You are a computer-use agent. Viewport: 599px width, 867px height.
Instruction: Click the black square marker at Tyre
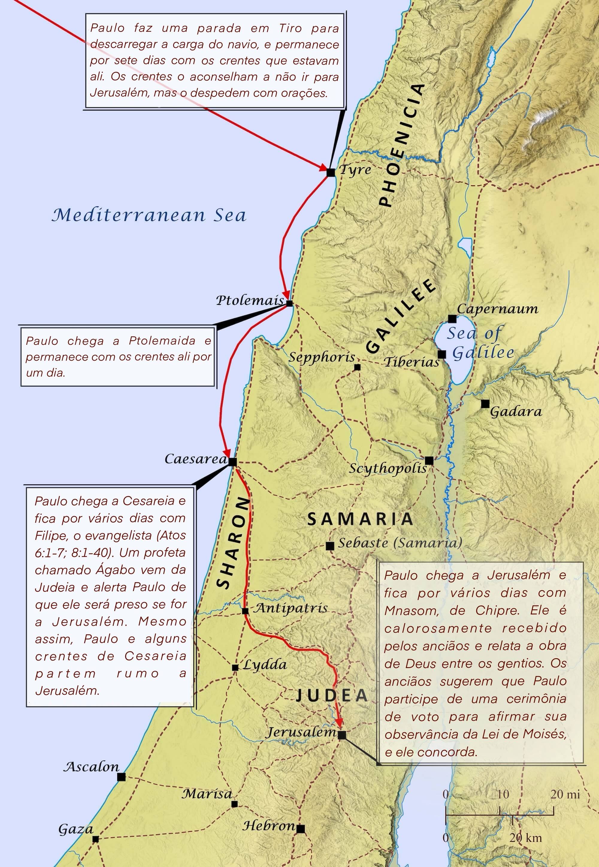tap(331, 173)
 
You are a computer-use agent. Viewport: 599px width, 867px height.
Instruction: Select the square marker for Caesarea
tap(233, 462)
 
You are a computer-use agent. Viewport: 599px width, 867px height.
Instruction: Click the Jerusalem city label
tap(301, 732)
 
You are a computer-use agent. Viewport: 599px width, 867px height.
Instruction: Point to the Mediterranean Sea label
tap(149, 215)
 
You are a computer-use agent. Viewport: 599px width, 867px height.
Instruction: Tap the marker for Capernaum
tap(452, 319)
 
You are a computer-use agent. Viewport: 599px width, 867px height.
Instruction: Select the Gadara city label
tap(516, 412)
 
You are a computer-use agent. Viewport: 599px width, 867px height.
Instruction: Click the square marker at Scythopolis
tap(429, 460)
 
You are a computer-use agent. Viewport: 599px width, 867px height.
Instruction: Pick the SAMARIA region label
tap(360, 519)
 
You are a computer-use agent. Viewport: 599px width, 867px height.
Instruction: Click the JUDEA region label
tap(332, 695)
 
